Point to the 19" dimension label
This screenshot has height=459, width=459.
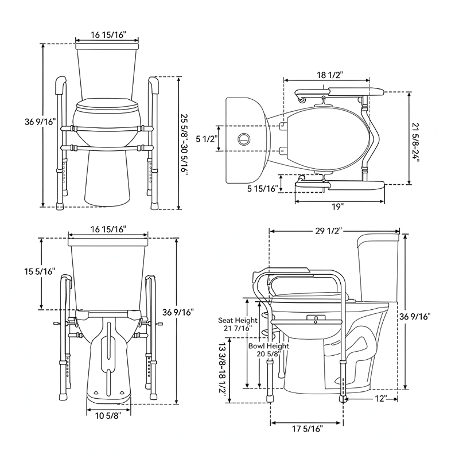(338, 206)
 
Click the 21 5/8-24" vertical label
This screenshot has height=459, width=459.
(416, 138)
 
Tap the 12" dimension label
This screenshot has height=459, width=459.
(380, 398)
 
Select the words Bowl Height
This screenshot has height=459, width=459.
(269, 347)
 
